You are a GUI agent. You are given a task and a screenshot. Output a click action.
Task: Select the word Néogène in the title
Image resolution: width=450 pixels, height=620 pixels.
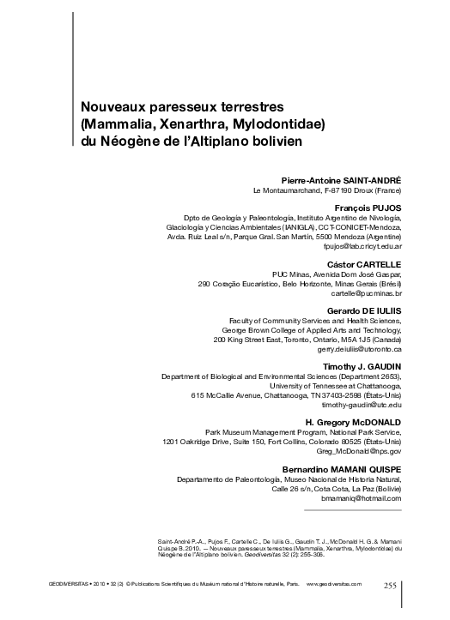[131, 141]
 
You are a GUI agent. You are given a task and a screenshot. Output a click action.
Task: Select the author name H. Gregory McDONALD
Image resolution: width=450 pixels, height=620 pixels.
[355, 424]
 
